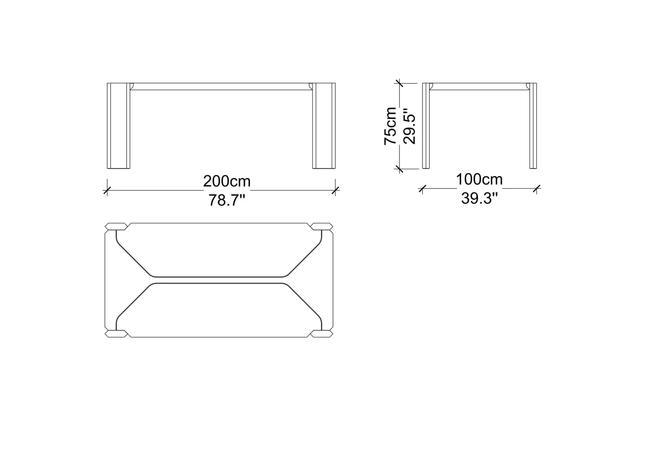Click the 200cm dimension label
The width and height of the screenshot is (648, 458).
pos(227,182)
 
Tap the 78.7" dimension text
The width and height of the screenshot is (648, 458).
pos(227,200)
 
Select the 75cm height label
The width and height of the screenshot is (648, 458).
pos(390,126)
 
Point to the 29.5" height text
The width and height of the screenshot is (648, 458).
pos(409,126)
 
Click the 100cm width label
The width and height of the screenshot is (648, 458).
pos(479,179)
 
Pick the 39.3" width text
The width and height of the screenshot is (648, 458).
pos(479,198)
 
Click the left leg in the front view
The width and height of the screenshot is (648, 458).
pos(119,126)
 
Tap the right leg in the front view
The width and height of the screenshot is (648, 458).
pos(324,126)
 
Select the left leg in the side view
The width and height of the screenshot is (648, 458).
pos(426,126)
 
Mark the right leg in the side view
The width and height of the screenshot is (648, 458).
pos(533,126)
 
